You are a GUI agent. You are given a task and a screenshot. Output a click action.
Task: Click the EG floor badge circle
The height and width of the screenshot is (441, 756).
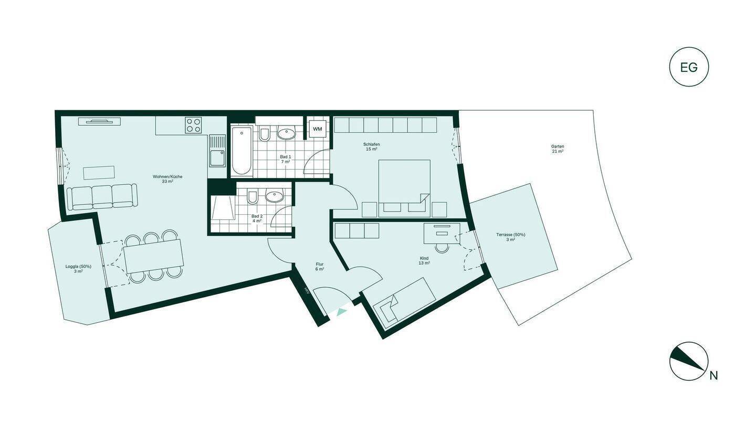click(689, 67)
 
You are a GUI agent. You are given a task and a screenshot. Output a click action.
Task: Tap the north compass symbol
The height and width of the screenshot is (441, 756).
click(689, 361)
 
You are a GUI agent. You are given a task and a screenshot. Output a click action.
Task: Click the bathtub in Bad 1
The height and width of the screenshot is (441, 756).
click(242, 150)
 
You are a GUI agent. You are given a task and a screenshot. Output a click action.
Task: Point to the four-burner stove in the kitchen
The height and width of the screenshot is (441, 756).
click(193, 125)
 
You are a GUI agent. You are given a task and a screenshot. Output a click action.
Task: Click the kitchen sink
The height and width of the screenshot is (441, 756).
click(217, 157)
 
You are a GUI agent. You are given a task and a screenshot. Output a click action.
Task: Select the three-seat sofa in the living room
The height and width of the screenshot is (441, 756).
click(102, 196)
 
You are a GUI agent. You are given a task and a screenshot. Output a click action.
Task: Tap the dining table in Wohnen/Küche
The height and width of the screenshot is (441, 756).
click(153, 256)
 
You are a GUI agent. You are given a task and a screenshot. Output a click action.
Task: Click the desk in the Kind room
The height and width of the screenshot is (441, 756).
click(442, 233)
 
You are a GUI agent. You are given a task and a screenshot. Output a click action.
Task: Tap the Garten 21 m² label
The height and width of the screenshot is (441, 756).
click(558, 149)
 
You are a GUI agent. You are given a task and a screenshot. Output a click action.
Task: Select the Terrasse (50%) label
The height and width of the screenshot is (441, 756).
click(511, 237)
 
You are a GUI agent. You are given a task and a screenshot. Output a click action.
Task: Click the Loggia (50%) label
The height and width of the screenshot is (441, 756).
click(78, 269)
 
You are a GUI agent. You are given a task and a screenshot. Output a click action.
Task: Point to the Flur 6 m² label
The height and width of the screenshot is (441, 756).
click(320, 266)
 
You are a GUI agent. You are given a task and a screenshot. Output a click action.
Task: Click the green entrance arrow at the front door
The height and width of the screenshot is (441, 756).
click(342, 312)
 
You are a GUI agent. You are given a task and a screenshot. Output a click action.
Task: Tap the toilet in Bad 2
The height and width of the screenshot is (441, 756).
click(252, 197)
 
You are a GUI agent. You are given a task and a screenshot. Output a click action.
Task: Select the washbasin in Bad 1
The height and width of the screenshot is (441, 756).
click(286, 133)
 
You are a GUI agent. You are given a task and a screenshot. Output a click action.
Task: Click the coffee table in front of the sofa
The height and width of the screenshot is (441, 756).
click(99, 173)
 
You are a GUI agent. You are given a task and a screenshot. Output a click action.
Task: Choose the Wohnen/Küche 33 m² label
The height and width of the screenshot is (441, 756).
click(167, 179)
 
